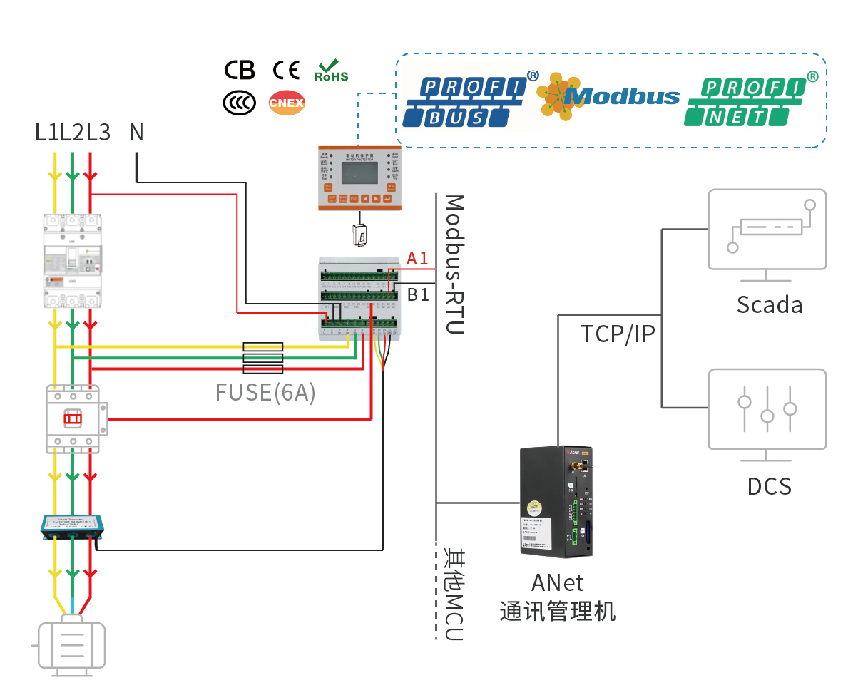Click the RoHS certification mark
tap(331, 71)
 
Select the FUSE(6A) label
tap(265, 393)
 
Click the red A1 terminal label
tap(417, 258)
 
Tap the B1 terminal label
tap(418, 293)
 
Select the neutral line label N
tap(136, 132)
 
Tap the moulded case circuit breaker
tap(73, 259)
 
